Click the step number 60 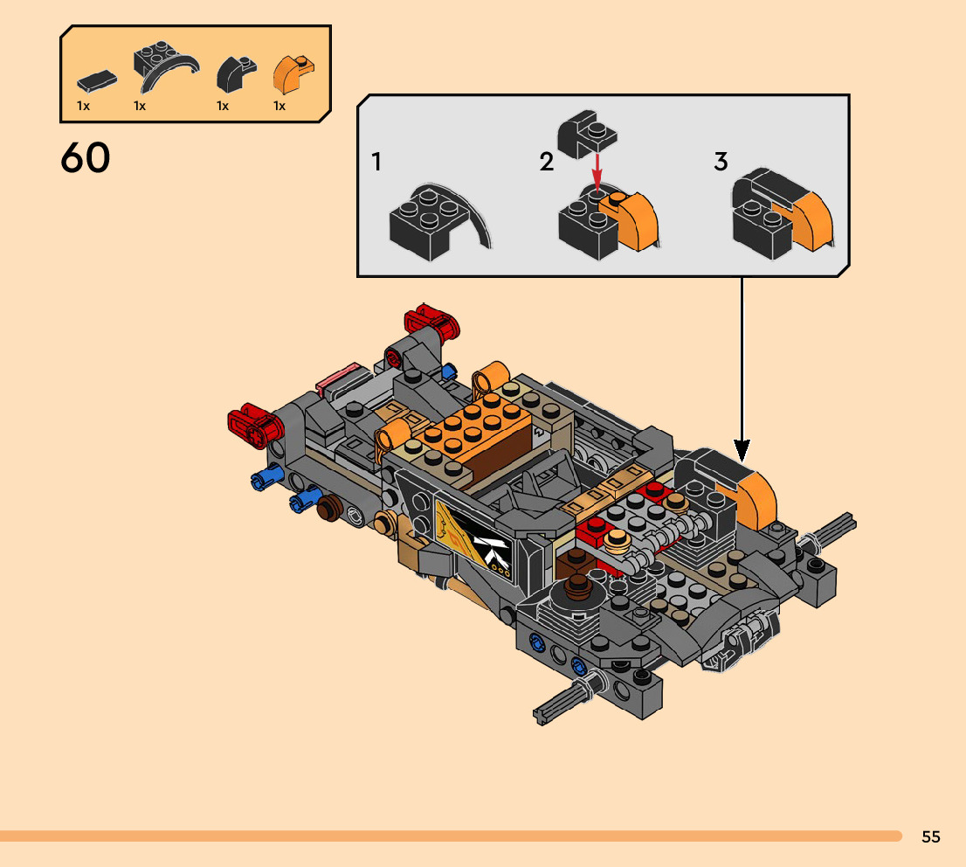click(86, 158)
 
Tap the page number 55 click(930, 836)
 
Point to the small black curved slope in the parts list click(234, 74)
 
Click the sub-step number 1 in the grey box click(376, 162)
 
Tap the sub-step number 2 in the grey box click(547, 162)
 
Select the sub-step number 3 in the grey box click(721, 162)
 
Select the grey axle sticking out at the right click(834, 528)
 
